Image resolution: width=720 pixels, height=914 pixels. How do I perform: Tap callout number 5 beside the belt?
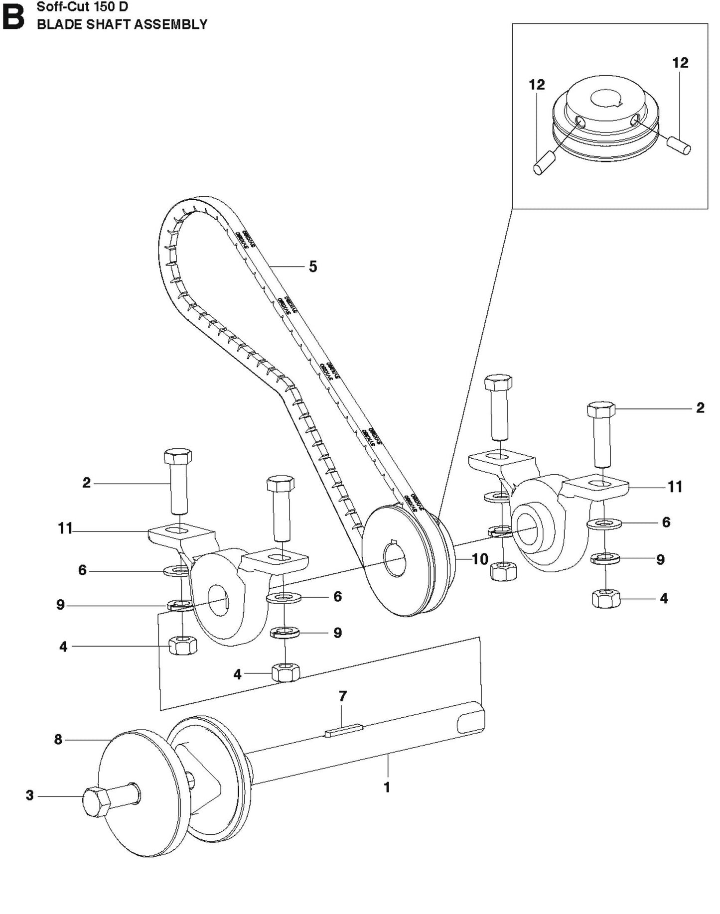click(x=312, y=266)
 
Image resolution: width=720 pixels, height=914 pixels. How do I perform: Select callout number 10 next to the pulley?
click(x=480, y=559)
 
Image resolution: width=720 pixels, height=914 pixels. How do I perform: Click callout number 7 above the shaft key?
click(x=342, y=696)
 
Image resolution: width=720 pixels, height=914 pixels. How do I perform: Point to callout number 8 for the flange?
click(x=58, y=740)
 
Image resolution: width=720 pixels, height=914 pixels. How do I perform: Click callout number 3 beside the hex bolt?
click(x=30, y=795)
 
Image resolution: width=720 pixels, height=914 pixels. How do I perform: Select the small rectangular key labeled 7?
click(x=344, y=731)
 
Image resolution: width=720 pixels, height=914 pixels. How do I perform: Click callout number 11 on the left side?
click(x=65, y=528)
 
